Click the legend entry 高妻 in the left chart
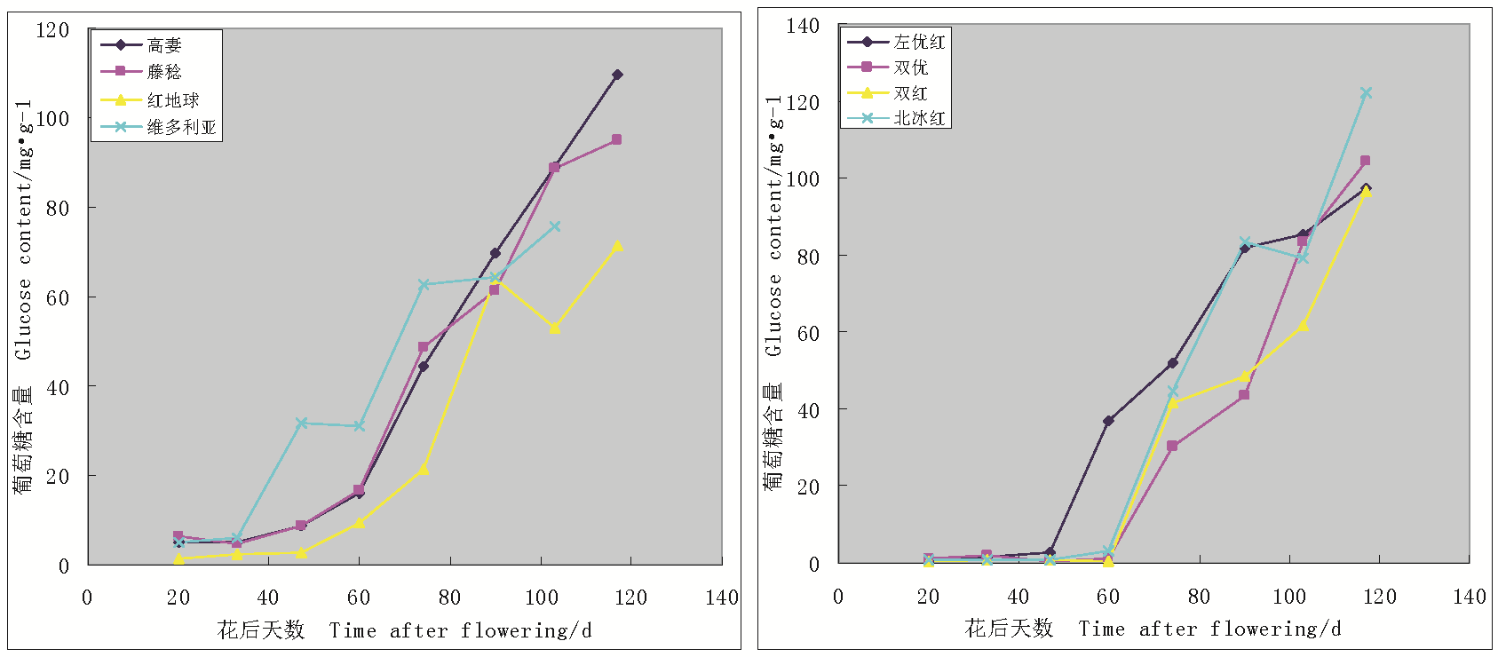pyautogui.click(x=164, y=45)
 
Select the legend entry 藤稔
pyautogui.click(x=164, y=72)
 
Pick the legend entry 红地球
pyautogui.click(x=172, y=100)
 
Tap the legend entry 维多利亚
pyautogui.click(x=181, y=127)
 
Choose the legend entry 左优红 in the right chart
pyautogui.click(x=919, y=42)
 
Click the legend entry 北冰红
pyautogui.click(x=919, y=118)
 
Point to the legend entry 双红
pyautogui.click(x=910, y=93)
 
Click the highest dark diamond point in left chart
pyautogui.click(x=617, y=75)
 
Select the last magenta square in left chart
pyautogui.click(x=616, y=140)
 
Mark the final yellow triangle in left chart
pyautogui.click(x=617, y=247)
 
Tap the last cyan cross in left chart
pyautogui.click(x=555, y=227)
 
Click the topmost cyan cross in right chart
pyautogui.click(x=1366, y=93)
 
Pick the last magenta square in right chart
pyautogui.click(x=1365, y=162)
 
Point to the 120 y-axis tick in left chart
pyautogui.click(x=52, y=30)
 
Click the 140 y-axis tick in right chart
pyautogui.click(x=803, y=26)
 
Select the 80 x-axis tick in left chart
pyautogui.click(x=449, y=598)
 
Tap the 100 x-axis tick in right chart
pyautogui.click(x=1289, y=597)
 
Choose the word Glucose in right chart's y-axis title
pyautogui.click(x=774, y=315)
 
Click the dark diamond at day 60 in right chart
pyautogui.click(x=1108, y=421)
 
